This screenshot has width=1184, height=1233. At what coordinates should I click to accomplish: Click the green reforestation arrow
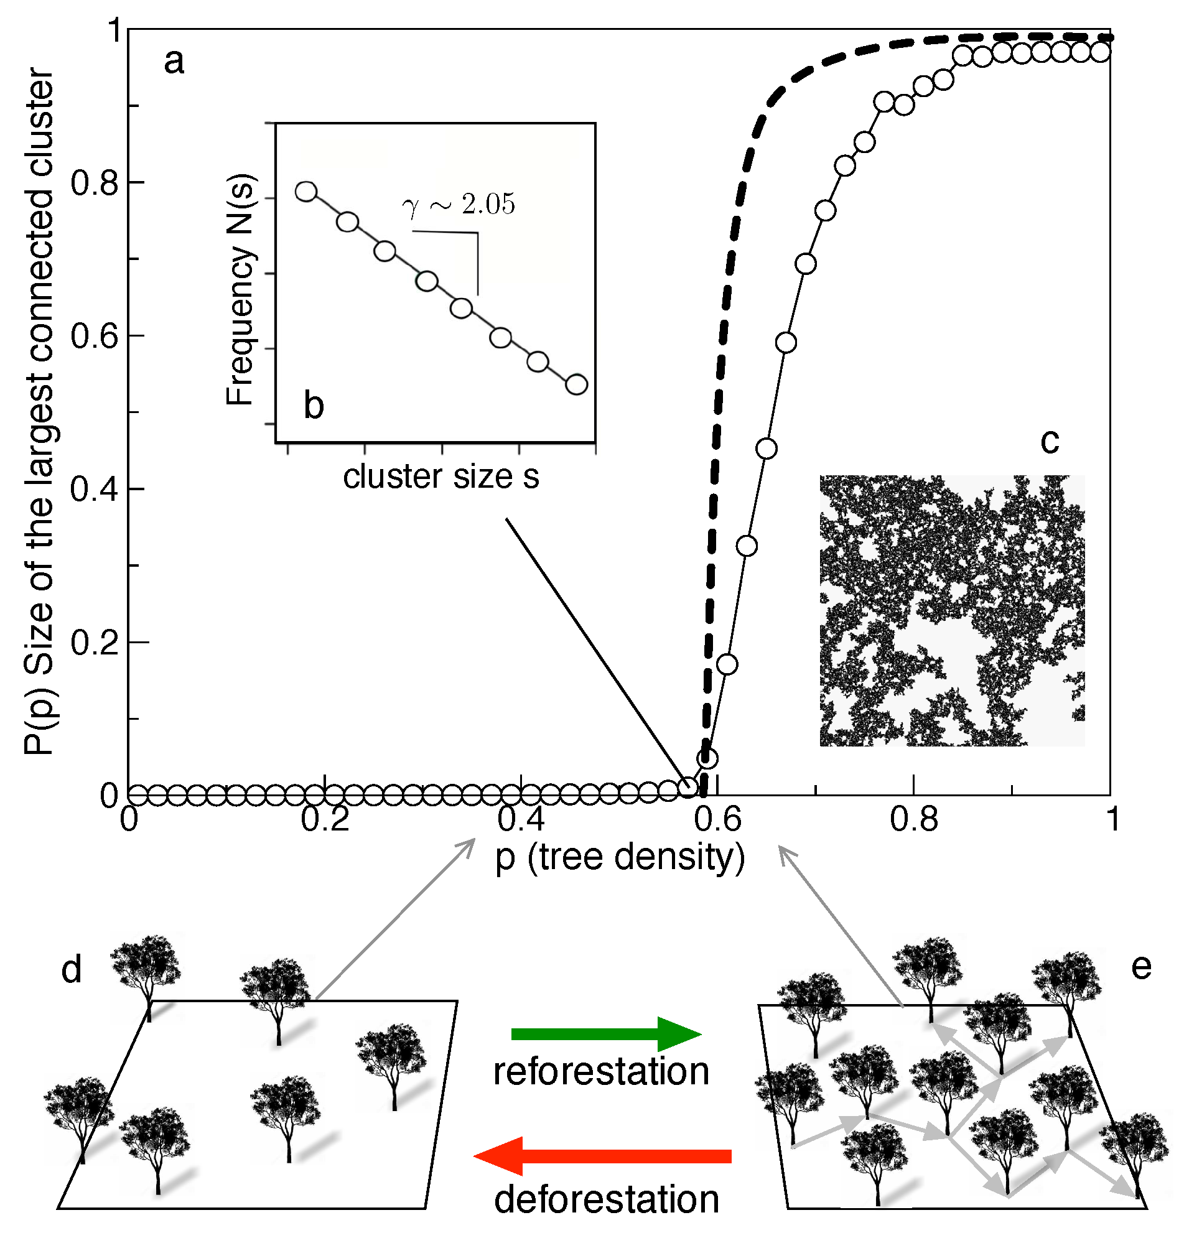click(x=605, y=1033)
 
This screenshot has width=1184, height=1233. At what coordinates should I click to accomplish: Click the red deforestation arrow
click(x=602, y=1156)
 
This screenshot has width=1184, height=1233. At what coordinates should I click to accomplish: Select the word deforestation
click(x=607, y=1199)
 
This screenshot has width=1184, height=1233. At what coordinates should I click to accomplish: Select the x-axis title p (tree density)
click(x=620, y=857)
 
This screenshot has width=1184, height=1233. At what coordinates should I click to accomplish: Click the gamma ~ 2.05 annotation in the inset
click(x=459, y=204)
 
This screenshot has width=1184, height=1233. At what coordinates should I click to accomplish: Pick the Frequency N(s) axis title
click(x=240, y=289)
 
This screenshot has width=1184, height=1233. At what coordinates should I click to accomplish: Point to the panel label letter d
click(x=72, y=969)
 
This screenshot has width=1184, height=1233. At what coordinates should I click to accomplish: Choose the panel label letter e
click(x=1140, y=966)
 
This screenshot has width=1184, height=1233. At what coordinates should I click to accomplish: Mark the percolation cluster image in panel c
click(x=951, y=610)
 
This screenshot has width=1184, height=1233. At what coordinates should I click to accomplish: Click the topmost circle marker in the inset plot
click(x=305, y=192)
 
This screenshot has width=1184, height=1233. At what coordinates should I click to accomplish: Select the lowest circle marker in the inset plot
click(x=576, y=384)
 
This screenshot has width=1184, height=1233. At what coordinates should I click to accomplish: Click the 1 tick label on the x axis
click(x=1112, y=820)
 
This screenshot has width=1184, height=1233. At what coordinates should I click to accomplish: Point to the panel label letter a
click(x=174, y=62)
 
